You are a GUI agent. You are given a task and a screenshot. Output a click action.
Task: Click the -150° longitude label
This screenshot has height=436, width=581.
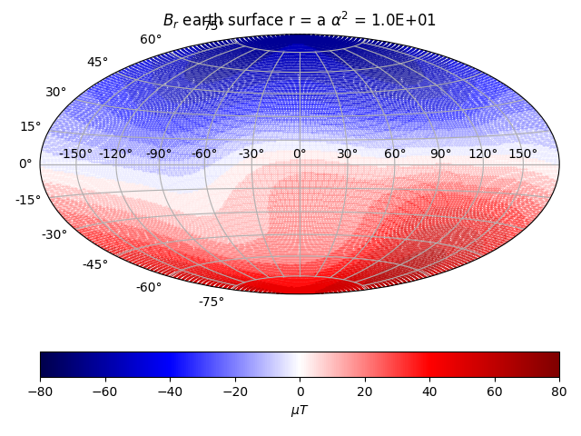click(75, 154)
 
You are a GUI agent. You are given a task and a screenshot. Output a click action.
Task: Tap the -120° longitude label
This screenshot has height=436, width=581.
click(115, 154)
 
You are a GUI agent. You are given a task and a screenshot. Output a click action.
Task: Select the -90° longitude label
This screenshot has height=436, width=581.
click(159, 154)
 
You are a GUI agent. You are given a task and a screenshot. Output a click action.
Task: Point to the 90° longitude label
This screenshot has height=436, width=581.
click(440, 154)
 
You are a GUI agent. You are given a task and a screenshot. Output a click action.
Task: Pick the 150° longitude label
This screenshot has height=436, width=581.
click(523, 154)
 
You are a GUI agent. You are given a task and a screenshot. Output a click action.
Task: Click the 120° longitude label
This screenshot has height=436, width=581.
click(483, 154)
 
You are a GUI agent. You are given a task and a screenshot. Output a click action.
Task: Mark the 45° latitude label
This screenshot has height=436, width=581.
click(97, 63)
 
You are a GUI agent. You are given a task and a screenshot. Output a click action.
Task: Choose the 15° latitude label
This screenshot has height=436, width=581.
click(31, 126)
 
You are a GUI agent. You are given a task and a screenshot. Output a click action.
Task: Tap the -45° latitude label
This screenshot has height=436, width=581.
click(95, 264)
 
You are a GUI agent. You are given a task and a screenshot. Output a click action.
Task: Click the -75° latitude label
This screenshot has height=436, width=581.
click(211, 302)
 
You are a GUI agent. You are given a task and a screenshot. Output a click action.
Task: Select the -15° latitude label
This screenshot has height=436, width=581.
click(28, 200)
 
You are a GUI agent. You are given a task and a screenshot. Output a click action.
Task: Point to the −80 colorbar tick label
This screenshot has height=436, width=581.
click(40, 391)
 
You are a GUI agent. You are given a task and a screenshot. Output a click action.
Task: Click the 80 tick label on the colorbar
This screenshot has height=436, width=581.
click(559, 391)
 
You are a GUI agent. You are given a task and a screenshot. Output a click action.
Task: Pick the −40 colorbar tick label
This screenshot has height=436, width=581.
click(170, 391)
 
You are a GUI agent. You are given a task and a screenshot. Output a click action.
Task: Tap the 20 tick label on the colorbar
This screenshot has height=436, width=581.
click(365, 391)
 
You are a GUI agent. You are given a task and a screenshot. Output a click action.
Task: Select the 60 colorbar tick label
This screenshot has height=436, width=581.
click(495, 391)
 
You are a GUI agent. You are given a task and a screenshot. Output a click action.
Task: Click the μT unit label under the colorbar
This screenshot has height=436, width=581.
click(300, 411)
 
